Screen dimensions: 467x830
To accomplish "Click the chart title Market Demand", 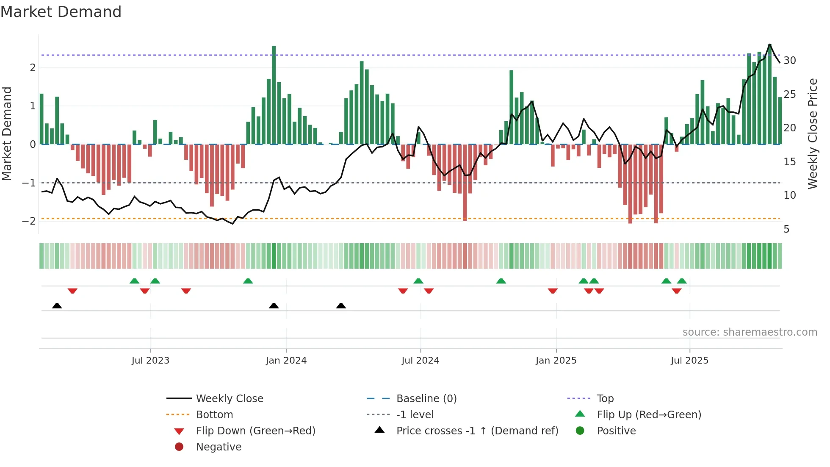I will [61, 12].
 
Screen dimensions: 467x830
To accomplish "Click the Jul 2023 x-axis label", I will [150, 361].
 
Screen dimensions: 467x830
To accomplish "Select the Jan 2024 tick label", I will [286, 361].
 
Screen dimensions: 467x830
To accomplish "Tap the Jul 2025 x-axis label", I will [689, 361].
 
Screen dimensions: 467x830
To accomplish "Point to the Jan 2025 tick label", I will [556, 361].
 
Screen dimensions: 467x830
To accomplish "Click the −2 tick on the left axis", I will [29, 221].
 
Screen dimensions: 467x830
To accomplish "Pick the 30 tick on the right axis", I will [790, 61].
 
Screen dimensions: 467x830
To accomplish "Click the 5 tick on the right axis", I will [786, 229].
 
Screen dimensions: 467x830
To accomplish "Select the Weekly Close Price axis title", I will [812, 133].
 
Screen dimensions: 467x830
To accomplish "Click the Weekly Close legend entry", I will [230, 399].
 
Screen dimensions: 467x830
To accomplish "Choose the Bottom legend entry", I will [214, 415].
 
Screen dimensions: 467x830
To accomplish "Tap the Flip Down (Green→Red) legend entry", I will [255, 431].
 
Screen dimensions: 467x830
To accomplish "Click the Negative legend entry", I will [219, 447].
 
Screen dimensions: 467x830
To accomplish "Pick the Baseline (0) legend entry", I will [426, 399].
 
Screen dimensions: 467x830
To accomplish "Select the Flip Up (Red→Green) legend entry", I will [649, 415].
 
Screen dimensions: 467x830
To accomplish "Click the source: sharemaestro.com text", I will [750, 332].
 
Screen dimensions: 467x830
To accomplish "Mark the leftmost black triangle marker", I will [57, 306].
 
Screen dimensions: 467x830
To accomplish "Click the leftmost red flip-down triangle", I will [72, 291].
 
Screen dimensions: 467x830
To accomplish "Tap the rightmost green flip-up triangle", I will [682, 281].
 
